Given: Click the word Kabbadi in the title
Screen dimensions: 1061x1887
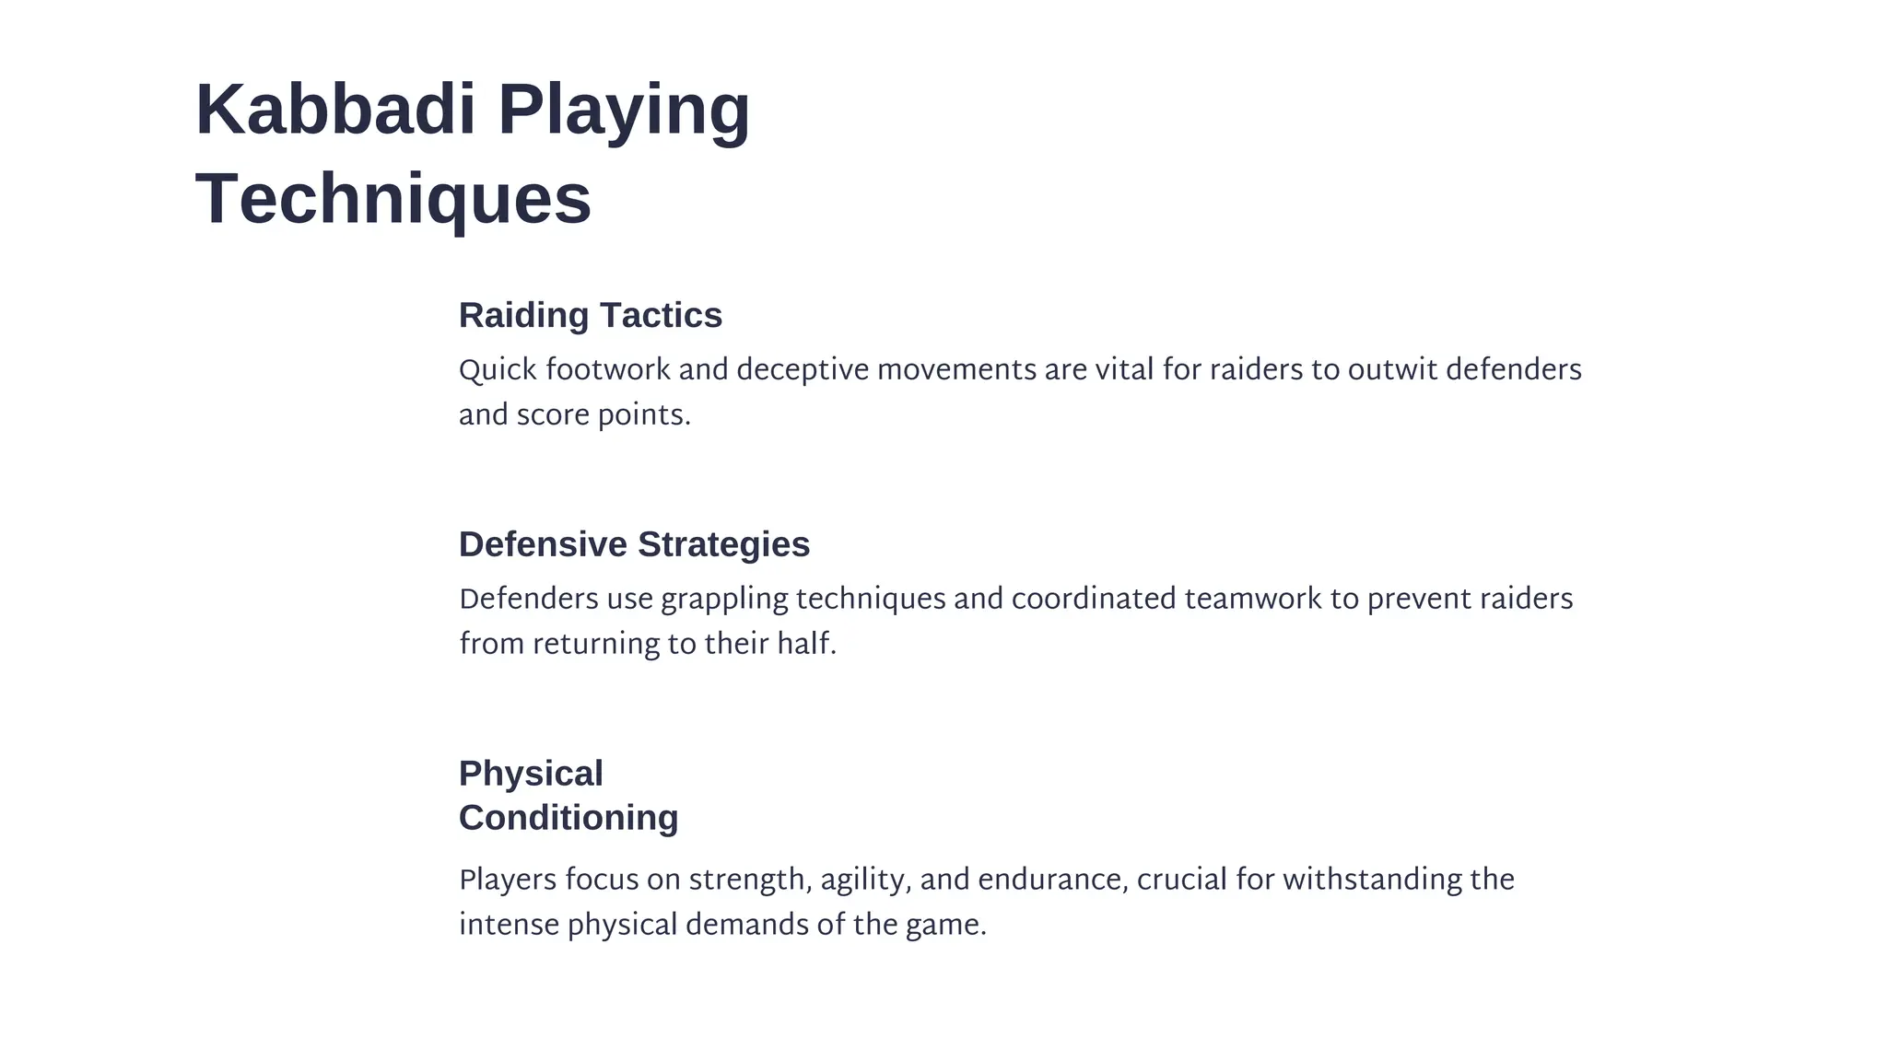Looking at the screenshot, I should [335, 110].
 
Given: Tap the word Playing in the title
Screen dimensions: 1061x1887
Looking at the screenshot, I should [624, 110].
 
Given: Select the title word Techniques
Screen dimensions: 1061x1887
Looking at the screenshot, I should [393, 198].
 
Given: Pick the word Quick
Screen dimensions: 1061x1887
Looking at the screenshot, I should [498, 370].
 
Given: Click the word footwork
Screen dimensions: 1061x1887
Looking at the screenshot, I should [608, 370].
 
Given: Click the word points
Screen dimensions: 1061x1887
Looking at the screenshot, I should [644, 416].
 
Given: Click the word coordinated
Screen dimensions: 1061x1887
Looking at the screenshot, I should [1094, 600].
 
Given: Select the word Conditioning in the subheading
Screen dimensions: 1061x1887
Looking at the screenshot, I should [568, 818].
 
